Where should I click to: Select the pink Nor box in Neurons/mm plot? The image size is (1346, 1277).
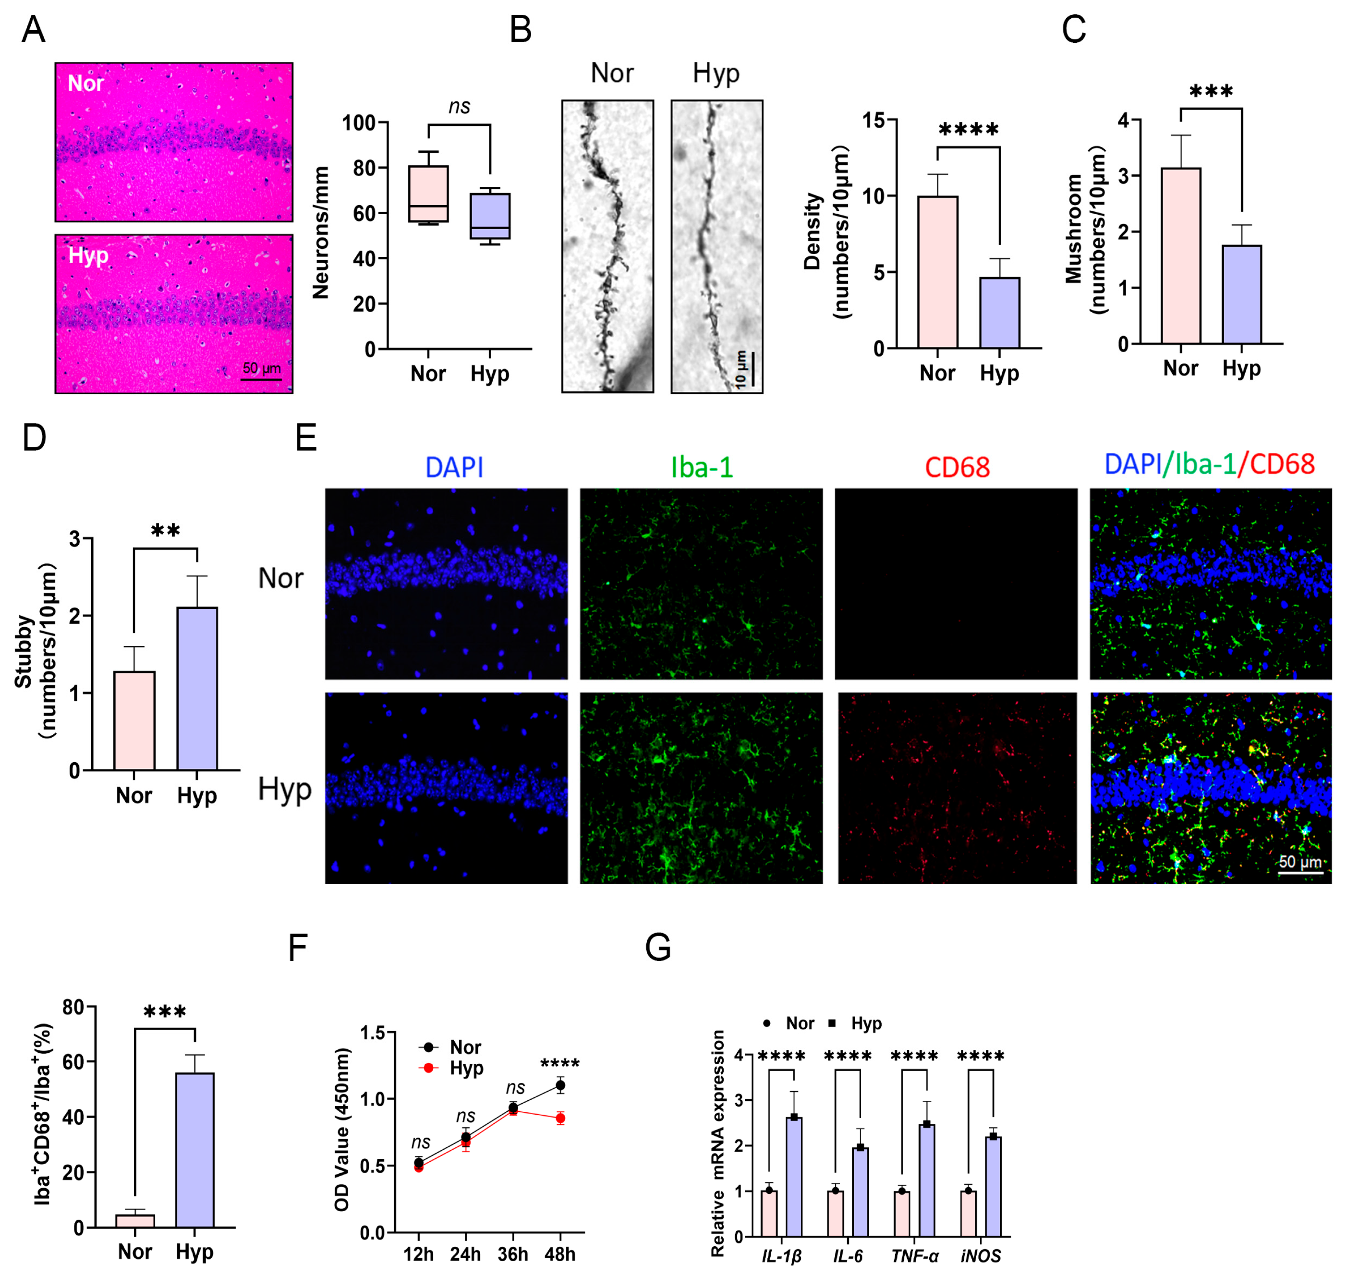pyautogui.click(x=428, y=194)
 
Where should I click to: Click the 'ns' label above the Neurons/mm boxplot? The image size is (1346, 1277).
pyautogui.click(x=460, y=106)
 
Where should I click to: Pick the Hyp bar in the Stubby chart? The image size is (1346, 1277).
pyautogui.click(x=197, y=688)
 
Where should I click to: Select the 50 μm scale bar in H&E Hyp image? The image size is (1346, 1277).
pyautogui.click(x=261, y=378)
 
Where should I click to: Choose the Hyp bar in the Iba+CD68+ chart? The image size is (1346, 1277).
pyautogui.click(x=194, y=1150)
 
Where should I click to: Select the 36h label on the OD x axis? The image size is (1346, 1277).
pyautogui.click(x=512, y=1254)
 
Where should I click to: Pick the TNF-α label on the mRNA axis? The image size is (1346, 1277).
pyautogui.click(x=915, y=1256)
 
